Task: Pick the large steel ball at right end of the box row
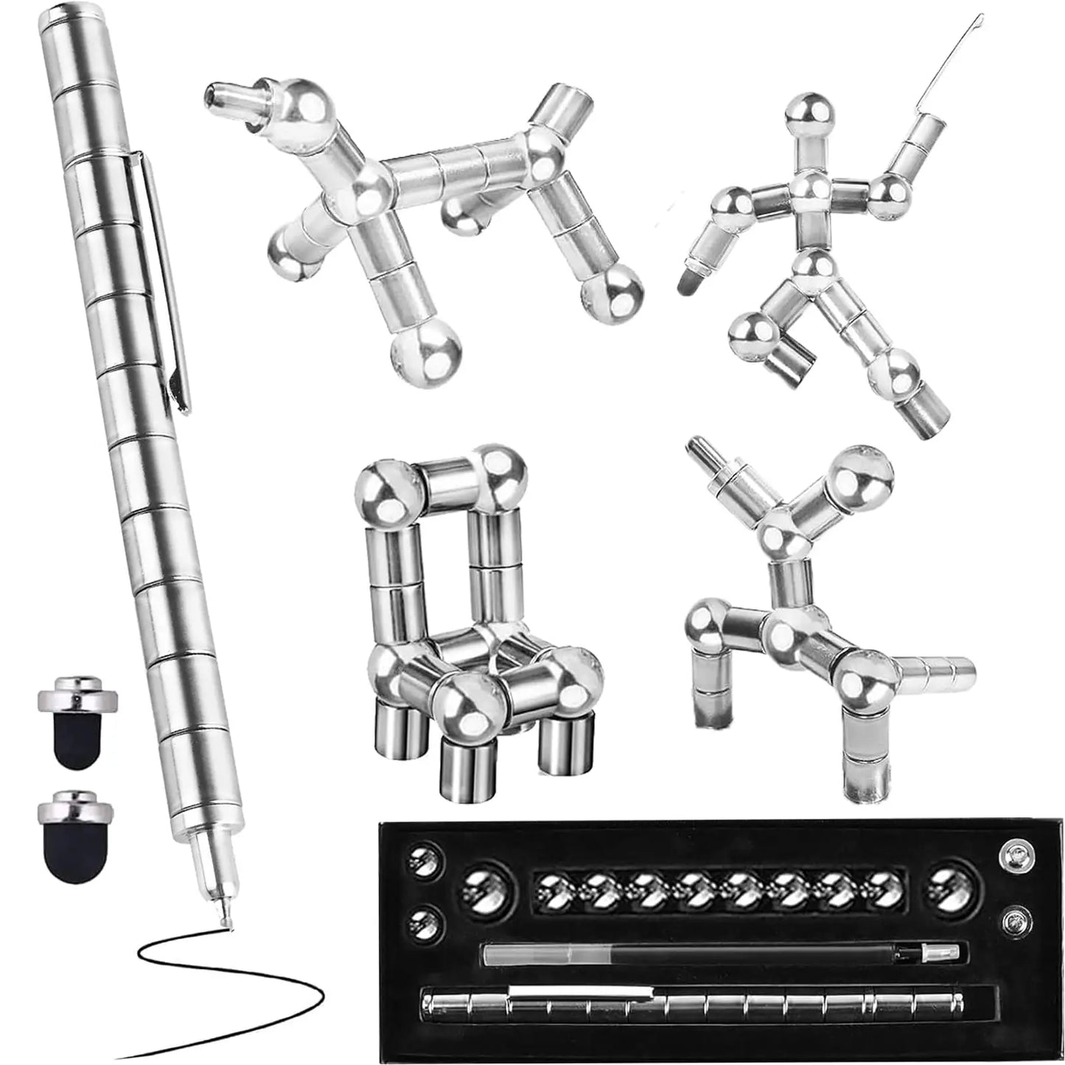[951, 884]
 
